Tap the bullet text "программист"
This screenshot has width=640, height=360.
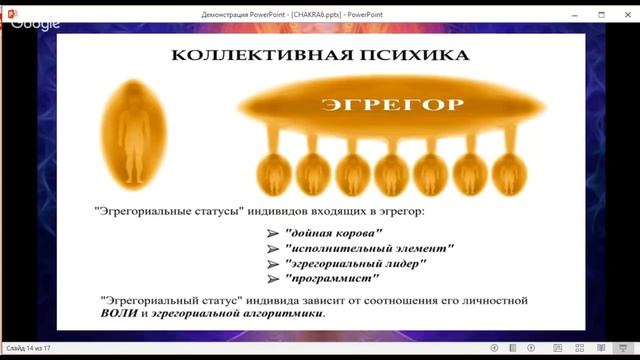329,280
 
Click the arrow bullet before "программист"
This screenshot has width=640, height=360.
272,281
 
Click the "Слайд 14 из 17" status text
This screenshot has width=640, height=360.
27,348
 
